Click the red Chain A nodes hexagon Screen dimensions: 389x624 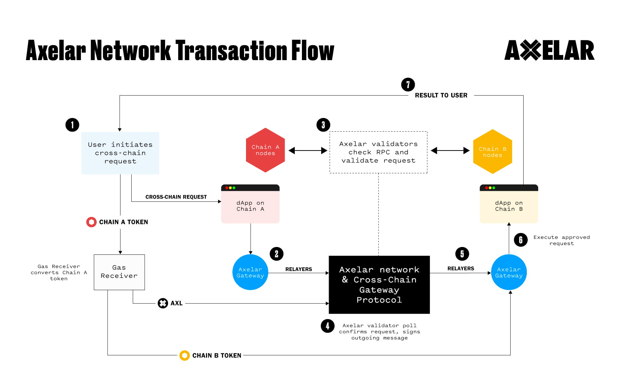point(265,150)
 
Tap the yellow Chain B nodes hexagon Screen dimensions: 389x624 point(492,152)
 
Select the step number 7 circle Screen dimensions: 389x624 point(408,84)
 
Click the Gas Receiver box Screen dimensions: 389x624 point(119,272)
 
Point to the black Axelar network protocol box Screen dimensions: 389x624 point(379,285)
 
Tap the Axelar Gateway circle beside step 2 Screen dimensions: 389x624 point(250,272)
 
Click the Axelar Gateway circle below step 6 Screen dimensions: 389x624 point(509,272)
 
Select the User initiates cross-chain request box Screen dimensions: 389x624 point(120,153)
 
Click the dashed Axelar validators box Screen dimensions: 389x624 point(378,152)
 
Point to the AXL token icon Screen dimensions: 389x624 point(163,303)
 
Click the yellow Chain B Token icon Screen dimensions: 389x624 point(185,356)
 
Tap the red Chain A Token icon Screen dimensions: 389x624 point(91,222)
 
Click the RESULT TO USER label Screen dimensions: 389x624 point(441,95)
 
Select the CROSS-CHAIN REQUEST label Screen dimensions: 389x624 point(176,197)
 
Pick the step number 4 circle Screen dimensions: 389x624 point(327,326)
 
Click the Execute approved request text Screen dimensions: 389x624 point(561,240)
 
